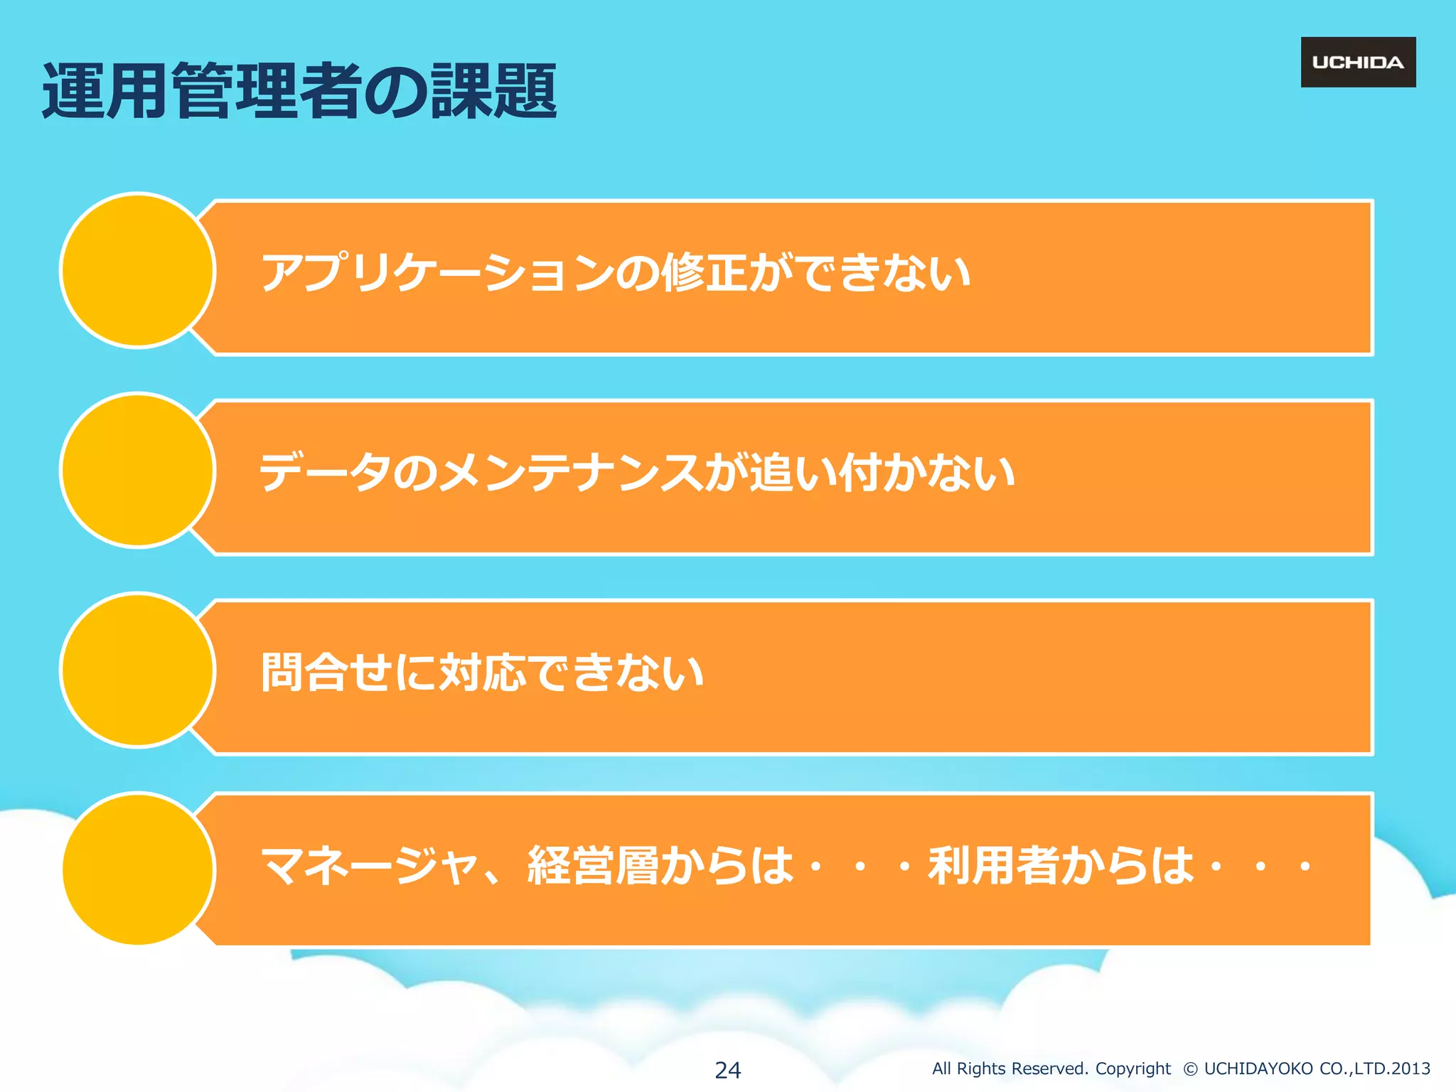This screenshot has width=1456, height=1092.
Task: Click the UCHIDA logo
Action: click(1358, 63)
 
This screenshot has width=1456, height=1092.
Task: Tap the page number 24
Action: click(727, 1069)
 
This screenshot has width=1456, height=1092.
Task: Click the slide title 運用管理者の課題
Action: click(299, 91)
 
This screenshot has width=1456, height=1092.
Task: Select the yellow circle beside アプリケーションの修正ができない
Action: click(138, 270)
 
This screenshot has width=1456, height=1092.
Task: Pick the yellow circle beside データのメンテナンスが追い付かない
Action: click(138, 470)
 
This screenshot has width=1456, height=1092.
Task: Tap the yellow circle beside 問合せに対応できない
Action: click(138, 670)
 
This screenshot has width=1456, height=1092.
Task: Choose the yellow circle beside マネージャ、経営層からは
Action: click(138, 869)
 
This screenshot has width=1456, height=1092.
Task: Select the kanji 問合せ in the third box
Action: click(327, 672)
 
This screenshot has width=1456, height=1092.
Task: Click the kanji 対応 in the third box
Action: click(483, 672)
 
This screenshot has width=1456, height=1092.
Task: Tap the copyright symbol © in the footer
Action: click(1190, 1069)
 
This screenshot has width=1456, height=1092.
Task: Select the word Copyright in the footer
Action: click(1133, 1069)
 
